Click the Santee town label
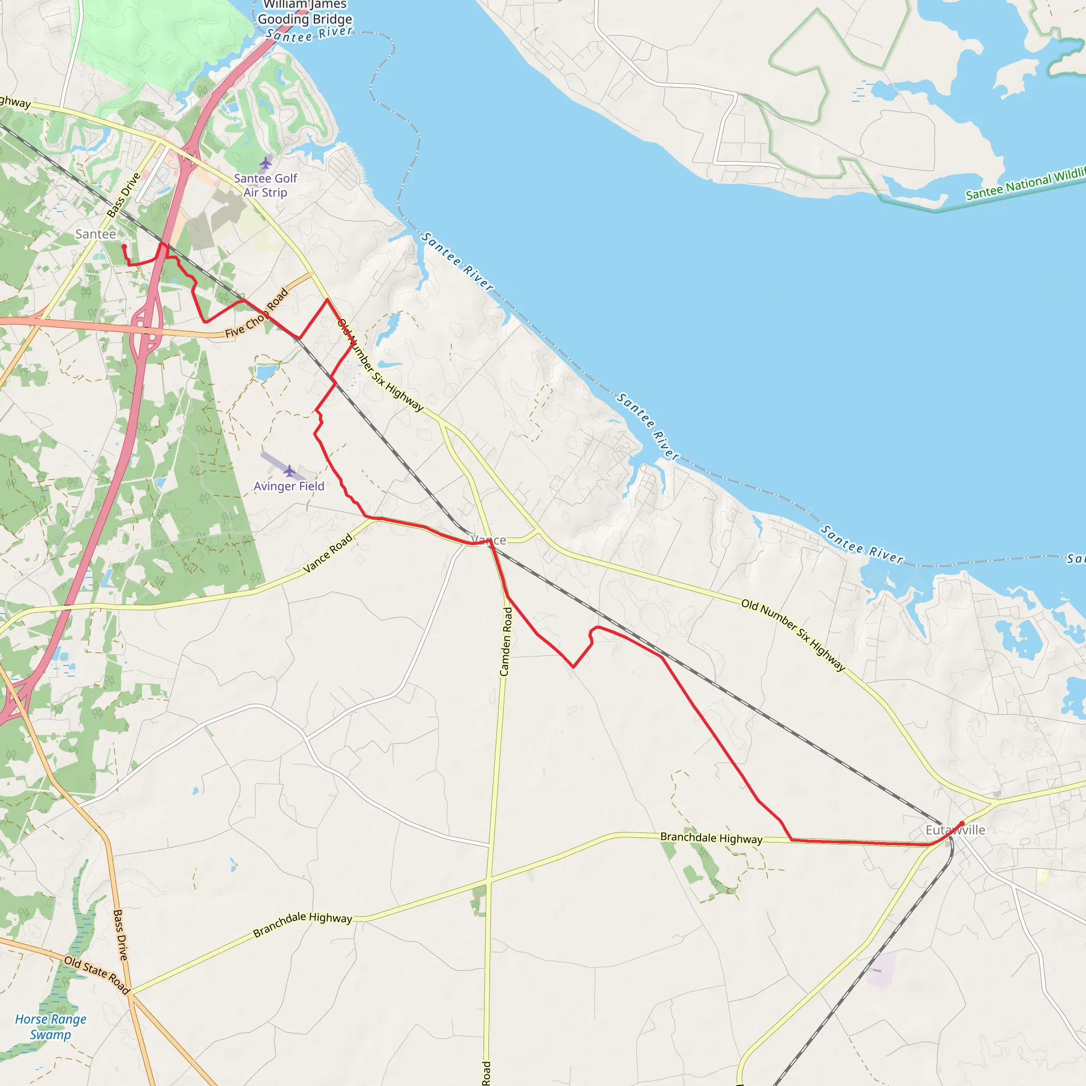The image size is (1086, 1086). (95, 234)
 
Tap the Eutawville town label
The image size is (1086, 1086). (955, 830)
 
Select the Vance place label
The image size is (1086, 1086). (488, 540)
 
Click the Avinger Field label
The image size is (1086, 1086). (289, 486)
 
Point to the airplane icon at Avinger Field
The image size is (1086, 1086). (289, 470)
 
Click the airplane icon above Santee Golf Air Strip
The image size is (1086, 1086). (265, 163)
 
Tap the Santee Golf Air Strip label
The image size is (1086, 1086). (265, 186)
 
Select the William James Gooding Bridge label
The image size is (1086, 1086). (305, 12)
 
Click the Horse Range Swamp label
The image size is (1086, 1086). (50, 1027)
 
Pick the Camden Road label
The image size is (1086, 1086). (506, 642)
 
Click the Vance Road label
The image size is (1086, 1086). (328, 553)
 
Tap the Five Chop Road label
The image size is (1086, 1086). (257, 314)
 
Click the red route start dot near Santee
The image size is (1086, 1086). (124, 246)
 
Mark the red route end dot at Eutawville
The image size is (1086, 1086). (962, 824)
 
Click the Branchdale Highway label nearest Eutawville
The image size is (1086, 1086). (711, 838)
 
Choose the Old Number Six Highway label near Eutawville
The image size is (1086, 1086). (793, 635)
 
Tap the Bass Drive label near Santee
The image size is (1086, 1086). (124, 195)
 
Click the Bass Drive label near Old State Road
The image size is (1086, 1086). (120, 935)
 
